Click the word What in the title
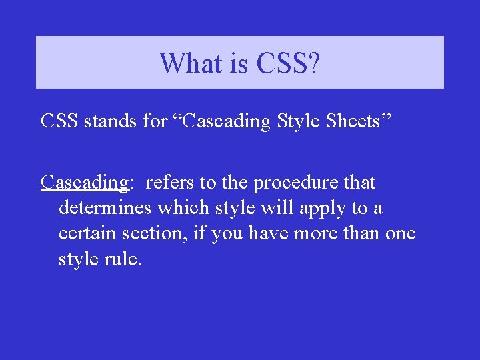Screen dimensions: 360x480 [x=189, y=63]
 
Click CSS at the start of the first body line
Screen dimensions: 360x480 [x=61, y=121]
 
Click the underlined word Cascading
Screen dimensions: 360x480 [x=84, y=183]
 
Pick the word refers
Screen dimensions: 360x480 [x=168, y=182]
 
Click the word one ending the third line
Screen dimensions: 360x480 [x=399, y=233]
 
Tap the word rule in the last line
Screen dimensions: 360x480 [x=124, y=259]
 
